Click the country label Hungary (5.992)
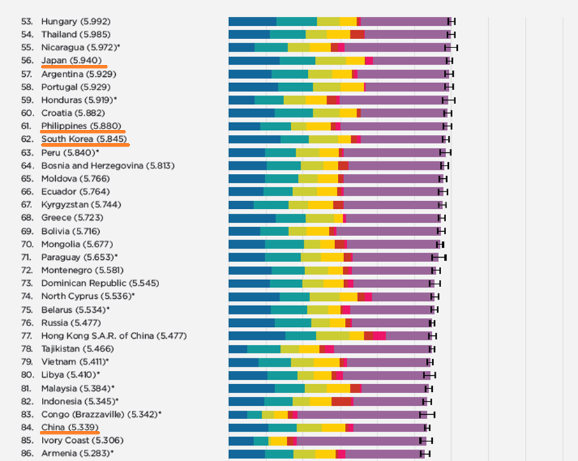(x=75, y=21)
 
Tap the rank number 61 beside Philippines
(x=27, y=126)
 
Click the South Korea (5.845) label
(x=84, y=139)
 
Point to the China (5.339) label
(x=69, y=427)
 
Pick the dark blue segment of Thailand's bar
(x=249, y=34)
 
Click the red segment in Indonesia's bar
(x=342, y=402)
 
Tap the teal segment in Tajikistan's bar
(x=264, y=349)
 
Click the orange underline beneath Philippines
(x=83, y=131)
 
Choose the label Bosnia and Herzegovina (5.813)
(x=108, y=166)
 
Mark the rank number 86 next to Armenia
(x=27, y=454)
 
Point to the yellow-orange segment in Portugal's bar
(x=353, y=87)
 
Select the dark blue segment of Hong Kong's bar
(x=257, y=336)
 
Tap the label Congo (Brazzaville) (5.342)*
(x=101, y=414)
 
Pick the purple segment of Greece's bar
(x=392, y=218)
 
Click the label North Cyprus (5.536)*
(x=88, y=296)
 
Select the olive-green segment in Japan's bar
(x=330, y=61)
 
